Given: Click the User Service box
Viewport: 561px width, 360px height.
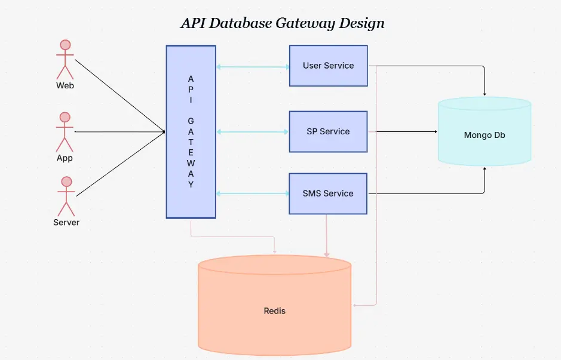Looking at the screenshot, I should (328, 66).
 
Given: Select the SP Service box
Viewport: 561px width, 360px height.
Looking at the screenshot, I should (328, 131).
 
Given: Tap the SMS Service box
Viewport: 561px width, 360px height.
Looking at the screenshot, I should (328, 193).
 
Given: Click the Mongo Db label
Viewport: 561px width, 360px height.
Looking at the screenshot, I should (485, 135).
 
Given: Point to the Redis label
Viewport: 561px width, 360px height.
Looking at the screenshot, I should (275, 311).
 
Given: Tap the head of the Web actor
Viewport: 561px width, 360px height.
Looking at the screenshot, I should (65, 45).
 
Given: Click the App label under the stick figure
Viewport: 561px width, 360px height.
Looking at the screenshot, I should (65, 158).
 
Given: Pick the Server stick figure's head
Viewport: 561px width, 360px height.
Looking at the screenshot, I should (66, 181).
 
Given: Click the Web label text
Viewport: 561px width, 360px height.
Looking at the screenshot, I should (65, 85).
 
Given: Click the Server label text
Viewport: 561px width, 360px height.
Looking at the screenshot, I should (66, 222).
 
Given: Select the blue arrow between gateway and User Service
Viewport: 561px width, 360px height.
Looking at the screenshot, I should (252, 67).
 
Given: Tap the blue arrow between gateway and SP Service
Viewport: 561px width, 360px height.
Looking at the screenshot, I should (252, 131).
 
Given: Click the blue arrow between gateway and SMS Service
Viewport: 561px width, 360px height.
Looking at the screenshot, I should (252, 193).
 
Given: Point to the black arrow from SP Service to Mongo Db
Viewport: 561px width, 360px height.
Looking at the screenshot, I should (406, 131).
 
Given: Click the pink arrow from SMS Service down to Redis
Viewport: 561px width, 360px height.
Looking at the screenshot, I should (327, 236).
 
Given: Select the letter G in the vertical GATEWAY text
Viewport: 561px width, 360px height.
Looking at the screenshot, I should (191, 121).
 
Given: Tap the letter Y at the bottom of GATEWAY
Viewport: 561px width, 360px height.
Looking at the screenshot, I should (191, 184).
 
